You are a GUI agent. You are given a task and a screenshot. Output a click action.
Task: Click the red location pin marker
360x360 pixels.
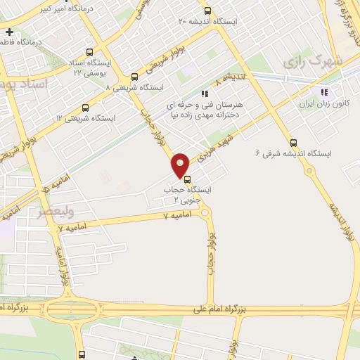coord(180,165)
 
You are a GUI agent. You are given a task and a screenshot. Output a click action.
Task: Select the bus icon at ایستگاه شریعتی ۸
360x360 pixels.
coord(134,77)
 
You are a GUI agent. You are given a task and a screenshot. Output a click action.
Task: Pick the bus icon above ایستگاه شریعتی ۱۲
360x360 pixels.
coord(85,108)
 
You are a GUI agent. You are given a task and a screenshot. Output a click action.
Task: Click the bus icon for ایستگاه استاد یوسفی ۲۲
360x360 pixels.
coord(89,51)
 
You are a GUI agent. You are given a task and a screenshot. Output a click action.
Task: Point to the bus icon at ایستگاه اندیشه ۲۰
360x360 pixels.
coord(207,11)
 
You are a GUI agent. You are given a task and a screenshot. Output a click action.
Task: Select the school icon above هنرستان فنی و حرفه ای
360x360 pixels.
coord(204,93)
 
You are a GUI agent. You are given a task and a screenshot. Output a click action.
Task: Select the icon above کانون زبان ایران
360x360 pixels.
coord(324,92)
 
